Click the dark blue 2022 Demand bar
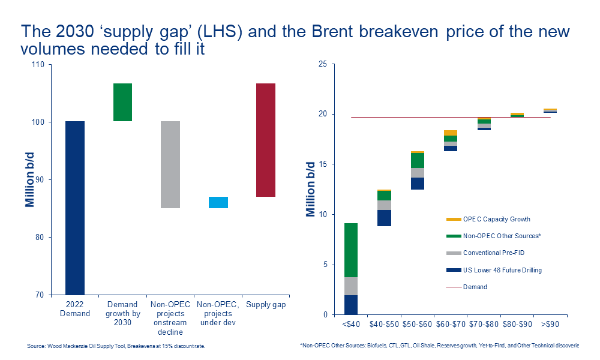tap(74, 207)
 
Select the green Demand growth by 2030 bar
tap(122, 102)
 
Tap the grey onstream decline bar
tap(170, 164)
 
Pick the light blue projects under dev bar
tap(218, 202)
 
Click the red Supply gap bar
tap(266, 140)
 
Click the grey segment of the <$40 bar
tap(351, 286)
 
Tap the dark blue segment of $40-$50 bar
tap(384, 218)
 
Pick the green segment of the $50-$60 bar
tap(417, 160)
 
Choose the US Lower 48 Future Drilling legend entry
tap(502, 270)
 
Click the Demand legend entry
tap(475, 287)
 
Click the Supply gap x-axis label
tap(266, 305)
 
